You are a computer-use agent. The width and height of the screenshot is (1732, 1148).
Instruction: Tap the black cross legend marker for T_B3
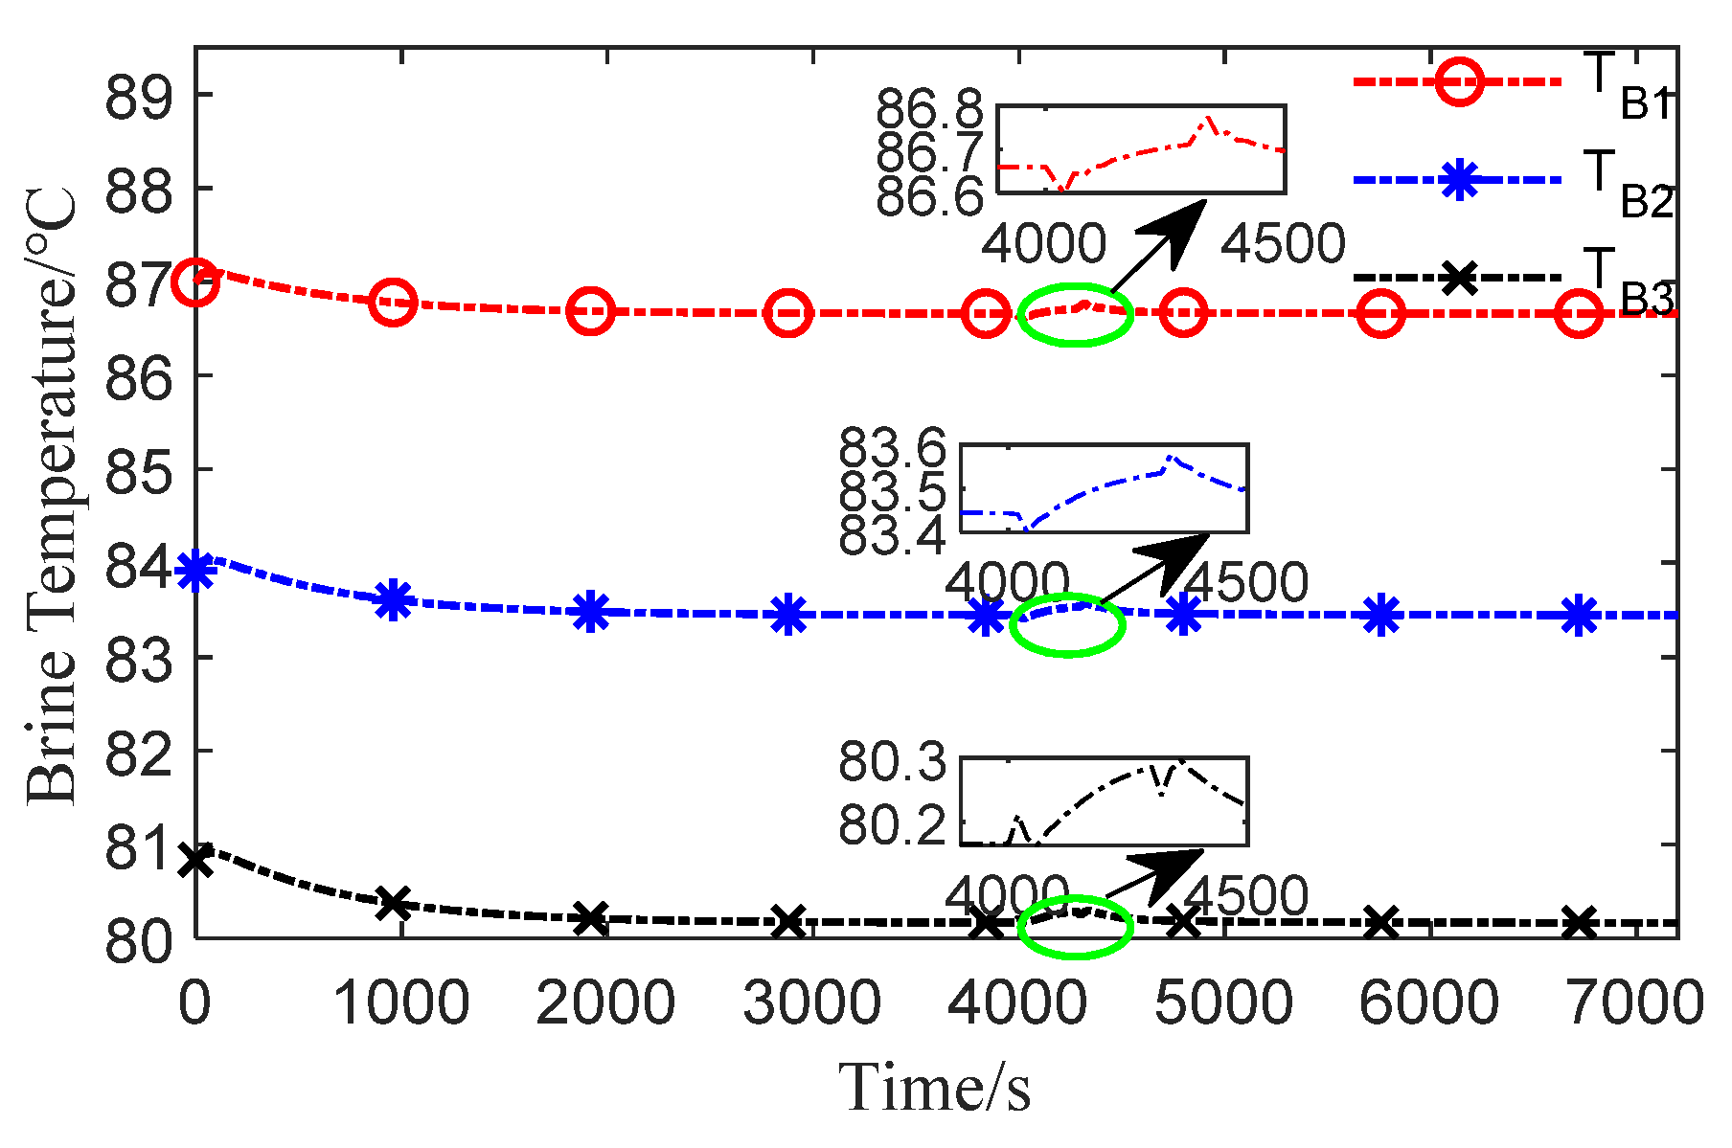1457,278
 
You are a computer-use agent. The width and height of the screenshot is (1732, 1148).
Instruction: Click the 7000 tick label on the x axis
1634,1002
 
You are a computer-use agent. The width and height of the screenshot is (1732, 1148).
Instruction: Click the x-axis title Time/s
935,1089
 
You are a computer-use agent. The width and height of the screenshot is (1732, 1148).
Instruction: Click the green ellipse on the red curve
1075,314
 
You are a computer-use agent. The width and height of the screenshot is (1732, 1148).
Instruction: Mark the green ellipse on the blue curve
1067,624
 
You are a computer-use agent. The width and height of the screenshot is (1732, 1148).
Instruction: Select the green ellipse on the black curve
1075,926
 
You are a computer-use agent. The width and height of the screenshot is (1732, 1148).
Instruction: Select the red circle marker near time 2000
590,312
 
